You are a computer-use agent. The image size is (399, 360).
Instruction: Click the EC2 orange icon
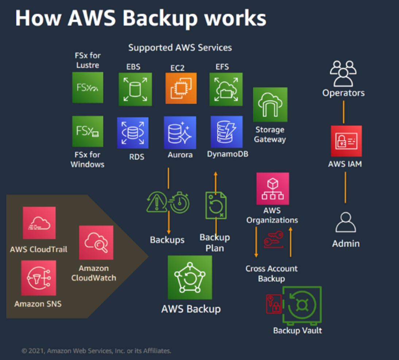pos(181,89)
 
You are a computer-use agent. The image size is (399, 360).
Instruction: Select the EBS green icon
pos(135,89)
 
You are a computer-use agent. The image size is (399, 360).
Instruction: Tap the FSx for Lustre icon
pos(88,87)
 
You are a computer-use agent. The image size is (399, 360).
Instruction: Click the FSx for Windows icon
pos(88,131)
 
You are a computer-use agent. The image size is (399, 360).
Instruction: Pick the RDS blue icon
pos(133,133)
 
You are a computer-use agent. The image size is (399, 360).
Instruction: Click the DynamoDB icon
pos(226,132)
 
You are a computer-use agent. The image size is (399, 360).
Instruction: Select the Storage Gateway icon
pos(270,105)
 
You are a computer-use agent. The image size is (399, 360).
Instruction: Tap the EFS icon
pos(226,89)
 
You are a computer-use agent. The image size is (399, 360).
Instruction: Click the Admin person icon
pos(345,223)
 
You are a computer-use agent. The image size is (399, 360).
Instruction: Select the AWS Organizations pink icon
pos(272,188)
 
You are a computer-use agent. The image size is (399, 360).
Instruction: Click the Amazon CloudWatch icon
pos(96,242)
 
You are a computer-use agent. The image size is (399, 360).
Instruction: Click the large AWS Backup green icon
pos(190,277)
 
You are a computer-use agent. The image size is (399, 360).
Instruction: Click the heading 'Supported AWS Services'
pos(180,47)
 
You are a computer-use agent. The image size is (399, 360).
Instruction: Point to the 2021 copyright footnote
pos(96,351)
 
